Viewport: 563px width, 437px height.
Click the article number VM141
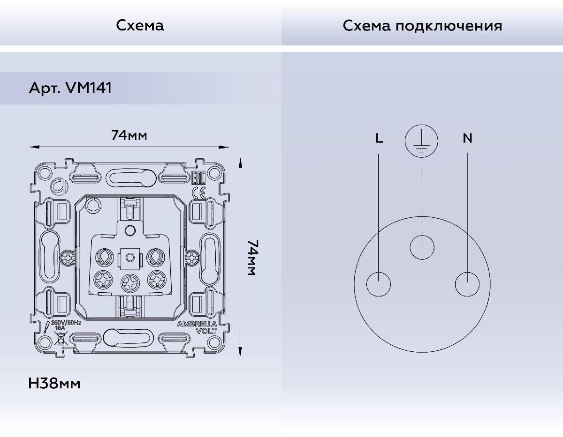89,88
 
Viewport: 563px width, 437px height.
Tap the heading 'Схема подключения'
422,26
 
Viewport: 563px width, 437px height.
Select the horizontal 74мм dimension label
129,135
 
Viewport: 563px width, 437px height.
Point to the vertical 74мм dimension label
251,258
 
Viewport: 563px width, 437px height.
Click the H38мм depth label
54,383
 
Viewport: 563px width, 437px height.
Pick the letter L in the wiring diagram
379,138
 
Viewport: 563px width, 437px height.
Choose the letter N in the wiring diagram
468,138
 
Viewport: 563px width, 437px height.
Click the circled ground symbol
421,141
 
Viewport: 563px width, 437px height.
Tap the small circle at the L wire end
379,284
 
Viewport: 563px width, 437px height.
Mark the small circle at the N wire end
467,284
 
